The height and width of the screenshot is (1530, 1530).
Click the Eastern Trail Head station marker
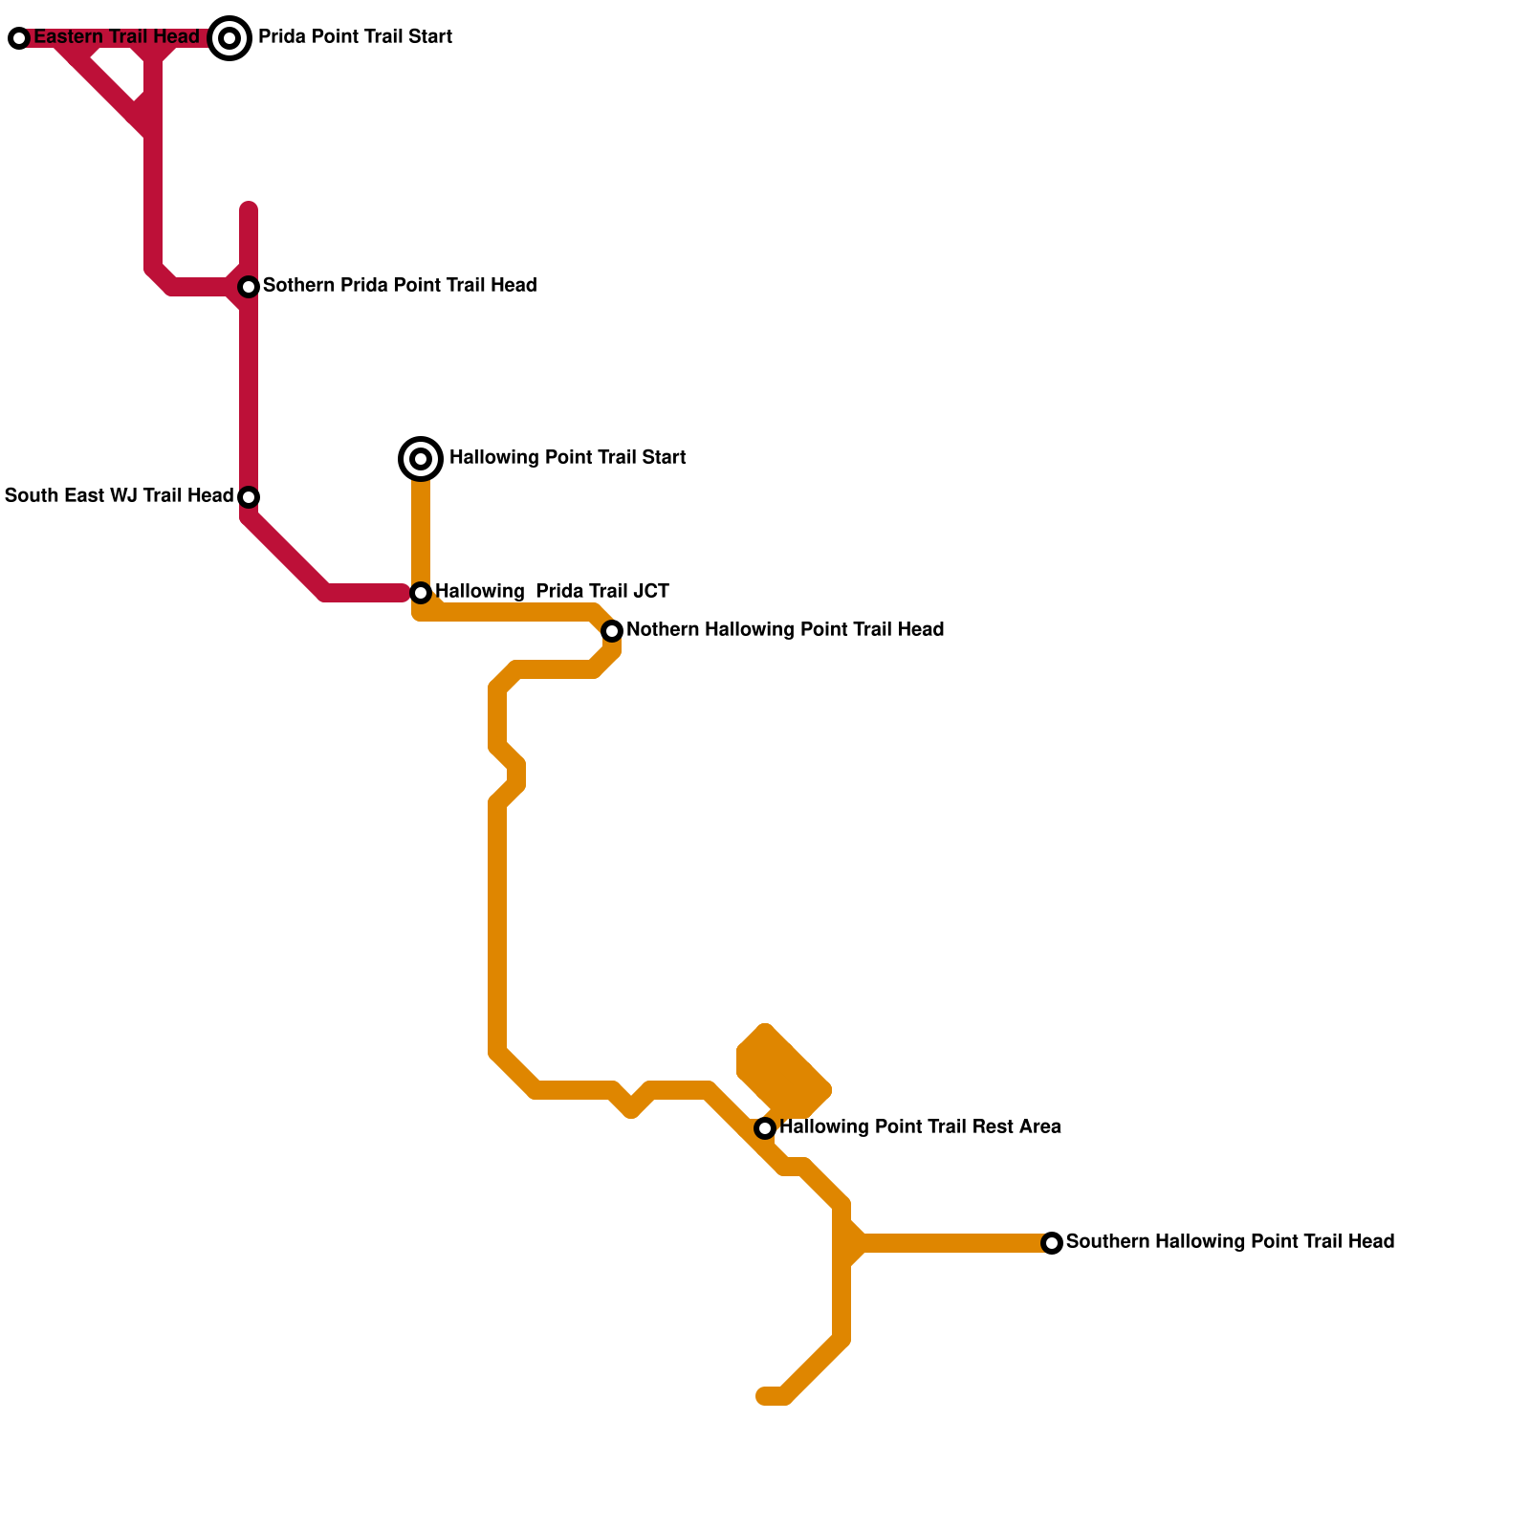coord(19,38)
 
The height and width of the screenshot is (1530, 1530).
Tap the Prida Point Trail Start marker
coord(229,38)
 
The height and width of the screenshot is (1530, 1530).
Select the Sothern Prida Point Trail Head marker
coord(249,287)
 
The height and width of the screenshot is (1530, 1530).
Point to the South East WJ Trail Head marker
coord(249,497)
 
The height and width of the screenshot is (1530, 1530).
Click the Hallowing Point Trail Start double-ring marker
coord(421,459)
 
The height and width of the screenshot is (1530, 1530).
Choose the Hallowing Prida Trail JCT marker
coord(421,593)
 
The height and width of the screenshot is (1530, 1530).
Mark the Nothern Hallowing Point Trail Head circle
coord(612,631)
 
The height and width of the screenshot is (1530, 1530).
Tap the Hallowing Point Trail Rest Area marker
coord(765,1128)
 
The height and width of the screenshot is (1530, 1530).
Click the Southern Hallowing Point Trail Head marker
coord(1052,1243)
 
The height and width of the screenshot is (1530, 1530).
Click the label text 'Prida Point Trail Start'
coord(355,37)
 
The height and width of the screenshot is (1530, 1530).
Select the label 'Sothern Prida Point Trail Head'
coord(400,286)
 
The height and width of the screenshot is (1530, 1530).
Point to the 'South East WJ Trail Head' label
coord(119,496)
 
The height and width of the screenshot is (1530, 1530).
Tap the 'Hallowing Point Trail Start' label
coord(567,458)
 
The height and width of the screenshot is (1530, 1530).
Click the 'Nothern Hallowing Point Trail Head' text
coord(785,630)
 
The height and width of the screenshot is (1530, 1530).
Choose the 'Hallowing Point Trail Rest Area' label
coord(920,1127)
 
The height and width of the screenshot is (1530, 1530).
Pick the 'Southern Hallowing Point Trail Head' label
coord(1230,1242)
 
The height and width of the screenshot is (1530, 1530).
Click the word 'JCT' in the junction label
coord(650,592)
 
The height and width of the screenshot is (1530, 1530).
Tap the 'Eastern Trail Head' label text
coord(117,37)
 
